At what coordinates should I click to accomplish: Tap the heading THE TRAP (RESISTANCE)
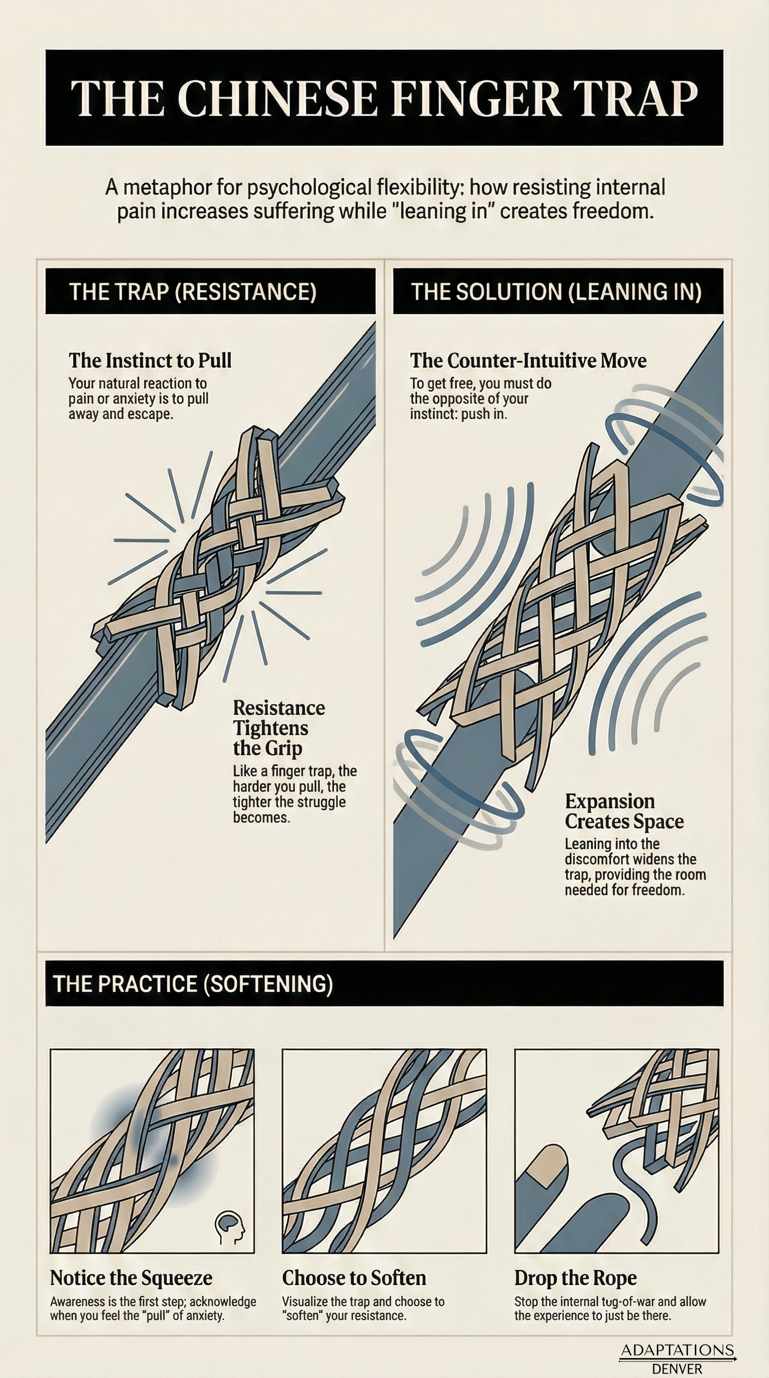point(193,291)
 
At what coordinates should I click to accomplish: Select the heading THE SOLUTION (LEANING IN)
point(556,291)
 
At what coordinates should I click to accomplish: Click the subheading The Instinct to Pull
point(150,361)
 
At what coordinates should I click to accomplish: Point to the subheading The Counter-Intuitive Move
point(528,361)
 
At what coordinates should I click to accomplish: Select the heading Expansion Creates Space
point(623,811)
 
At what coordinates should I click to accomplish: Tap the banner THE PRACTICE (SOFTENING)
point(193,984)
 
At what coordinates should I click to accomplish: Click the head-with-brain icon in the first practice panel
point(229,1226)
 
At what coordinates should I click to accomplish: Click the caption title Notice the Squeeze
point(131,1278)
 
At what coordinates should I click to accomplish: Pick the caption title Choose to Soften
point(354,1278)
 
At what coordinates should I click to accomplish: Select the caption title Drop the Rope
point(575,1278)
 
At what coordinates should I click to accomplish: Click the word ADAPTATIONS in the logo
point(677,1350)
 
